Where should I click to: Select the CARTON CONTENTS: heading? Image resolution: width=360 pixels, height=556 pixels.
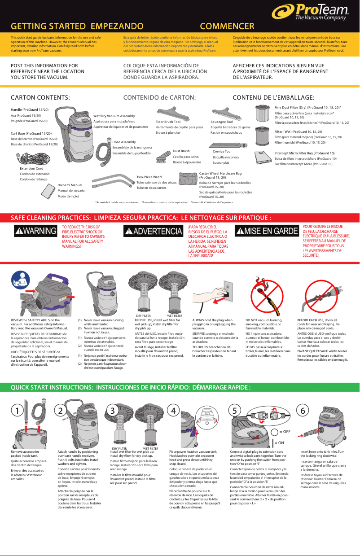40,97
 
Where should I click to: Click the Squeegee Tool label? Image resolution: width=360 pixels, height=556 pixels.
222,122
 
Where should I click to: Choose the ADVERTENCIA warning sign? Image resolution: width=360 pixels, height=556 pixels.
153,232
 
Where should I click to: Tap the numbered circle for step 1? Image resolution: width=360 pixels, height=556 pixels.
16,411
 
